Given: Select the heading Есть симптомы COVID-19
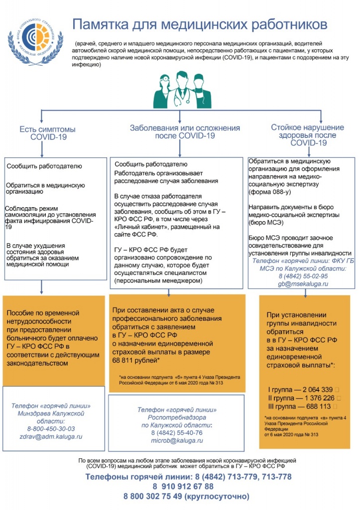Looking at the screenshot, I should pos(48,133).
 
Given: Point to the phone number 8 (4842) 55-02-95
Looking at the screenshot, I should pos(303,276).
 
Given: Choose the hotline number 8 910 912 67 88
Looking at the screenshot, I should pos(183,487).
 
